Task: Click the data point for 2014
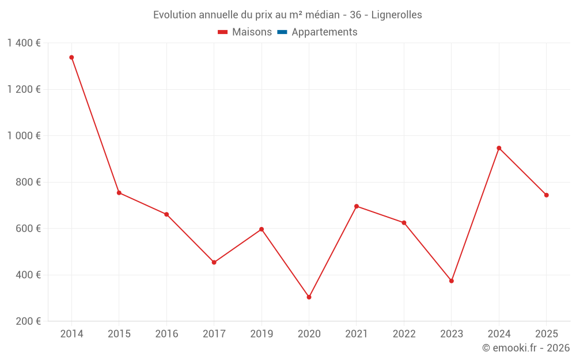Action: coord(71,58)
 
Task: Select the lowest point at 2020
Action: coord(309,297)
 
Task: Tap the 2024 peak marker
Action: coord(499,148)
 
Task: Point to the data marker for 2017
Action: coord(214,262)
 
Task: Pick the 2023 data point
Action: coord(452,281)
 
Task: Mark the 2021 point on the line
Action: coord(357,206)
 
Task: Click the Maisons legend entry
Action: coord(252,32)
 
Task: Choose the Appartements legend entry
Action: coord(324,32)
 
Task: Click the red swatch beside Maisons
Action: coord(223,32)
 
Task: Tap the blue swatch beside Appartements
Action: coord(282,32)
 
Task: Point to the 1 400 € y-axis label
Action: coord(24,43)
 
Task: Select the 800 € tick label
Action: coord(29,182)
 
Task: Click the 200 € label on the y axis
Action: coord(29,321)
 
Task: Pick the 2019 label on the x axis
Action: coord(262,334)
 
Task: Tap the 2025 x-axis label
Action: coord(546,334)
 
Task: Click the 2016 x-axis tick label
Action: coord(166,334)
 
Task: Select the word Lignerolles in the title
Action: coord(396,15)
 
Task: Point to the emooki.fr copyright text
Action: coord(526,348)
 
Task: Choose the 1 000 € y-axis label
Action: coord(24,136)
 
